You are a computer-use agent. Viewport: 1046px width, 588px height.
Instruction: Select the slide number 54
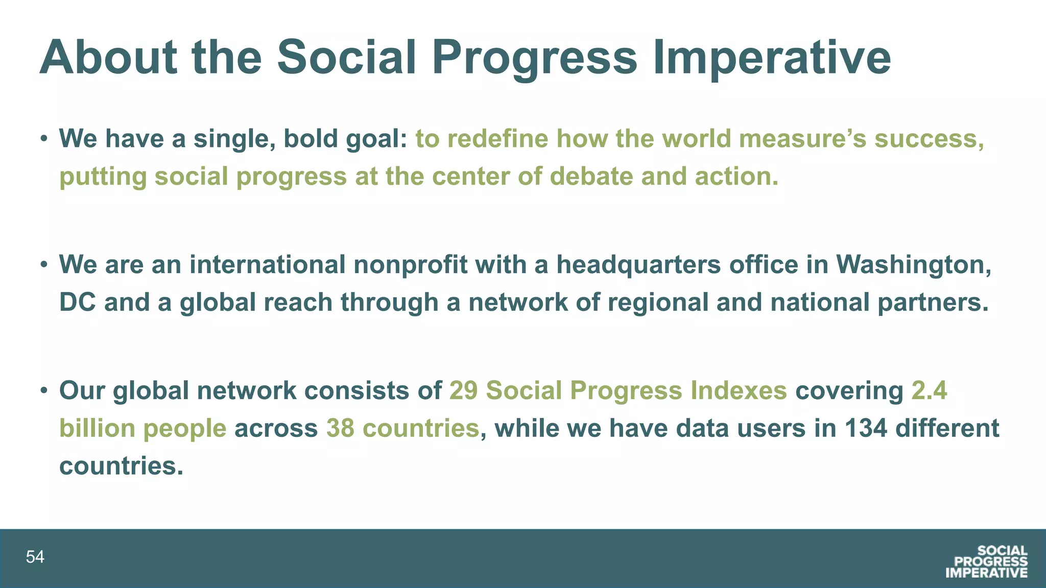click(35, 557)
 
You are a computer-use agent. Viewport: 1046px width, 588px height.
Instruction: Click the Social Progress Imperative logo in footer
click(986, 561)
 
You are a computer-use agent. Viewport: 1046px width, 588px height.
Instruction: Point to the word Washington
click(913, 264)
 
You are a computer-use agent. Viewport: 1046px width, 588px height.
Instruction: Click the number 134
click(866, 428)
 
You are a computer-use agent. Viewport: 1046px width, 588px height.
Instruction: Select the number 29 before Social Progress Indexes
click(463, 390)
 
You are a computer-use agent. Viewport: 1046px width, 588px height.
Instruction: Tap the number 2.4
click(929, 390)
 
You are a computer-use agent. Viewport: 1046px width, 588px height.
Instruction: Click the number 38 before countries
click(340, 428)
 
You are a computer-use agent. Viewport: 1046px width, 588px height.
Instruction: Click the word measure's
click(802, 139)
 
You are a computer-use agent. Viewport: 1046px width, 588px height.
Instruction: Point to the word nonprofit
click(410, 264)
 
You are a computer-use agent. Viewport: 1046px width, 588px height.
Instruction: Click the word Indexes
click(739, 390)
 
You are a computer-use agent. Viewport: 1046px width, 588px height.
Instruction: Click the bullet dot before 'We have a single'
click(45, 139)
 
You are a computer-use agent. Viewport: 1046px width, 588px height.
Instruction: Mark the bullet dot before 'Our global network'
click(45, 390)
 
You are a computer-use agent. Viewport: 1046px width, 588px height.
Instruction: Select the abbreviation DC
click(78, 302)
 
